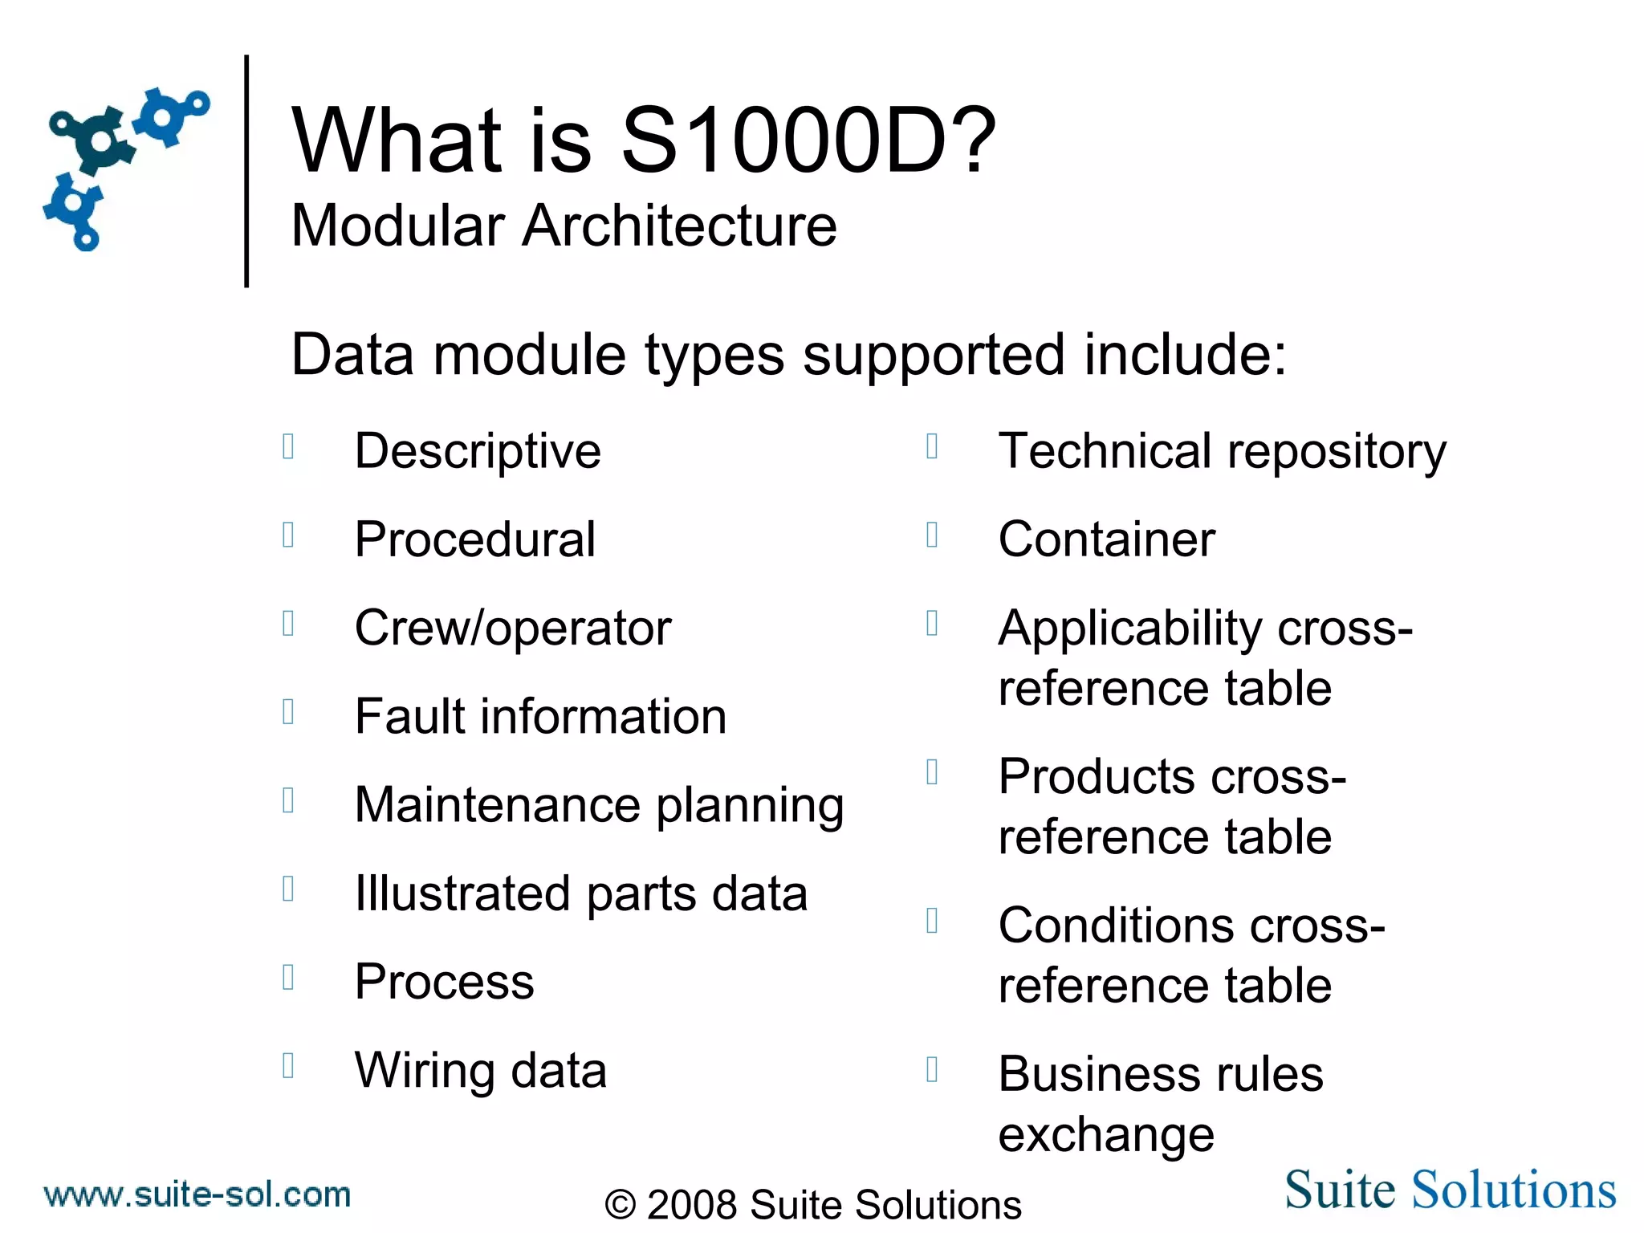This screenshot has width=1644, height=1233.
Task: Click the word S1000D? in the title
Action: (x=808, y=141)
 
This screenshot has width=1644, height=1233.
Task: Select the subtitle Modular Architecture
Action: (x=564, y=226)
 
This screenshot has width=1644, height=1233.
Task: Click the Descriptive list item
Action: (x=478, y=451)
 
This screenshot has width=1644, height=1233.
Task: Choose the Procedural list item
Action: (x=475, y=539)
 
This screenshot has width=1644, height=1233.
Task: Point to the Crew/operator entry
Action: (x=513, y=628)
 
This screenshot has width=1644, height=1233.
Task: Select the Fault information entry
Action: (x=540, y=716)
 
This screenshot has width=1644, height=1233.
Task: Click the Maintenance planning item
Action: (x=599, y=805)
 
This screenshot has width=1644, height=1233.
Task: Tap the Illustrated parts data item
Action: (x=581, y=893)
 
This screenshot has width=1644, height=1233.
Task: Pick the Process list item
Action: (x=444, y=982)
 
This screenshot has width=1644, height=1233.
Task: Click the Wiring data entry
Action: (x=481, y=1071)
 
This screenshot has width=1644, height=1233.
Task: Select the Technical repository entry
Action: (x=1222, y=451)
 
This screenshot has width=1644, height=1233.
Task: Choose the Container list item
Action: (x=1106, y=539)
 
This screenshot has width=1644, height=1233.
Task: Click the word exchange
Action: (x=1106, y=1135)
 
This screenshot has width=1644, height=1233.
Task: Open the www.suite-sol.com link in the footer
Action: (x=197, y=1194)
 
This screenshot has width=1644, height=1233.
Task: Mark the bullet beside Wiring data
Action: (x=289, y=1065)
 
